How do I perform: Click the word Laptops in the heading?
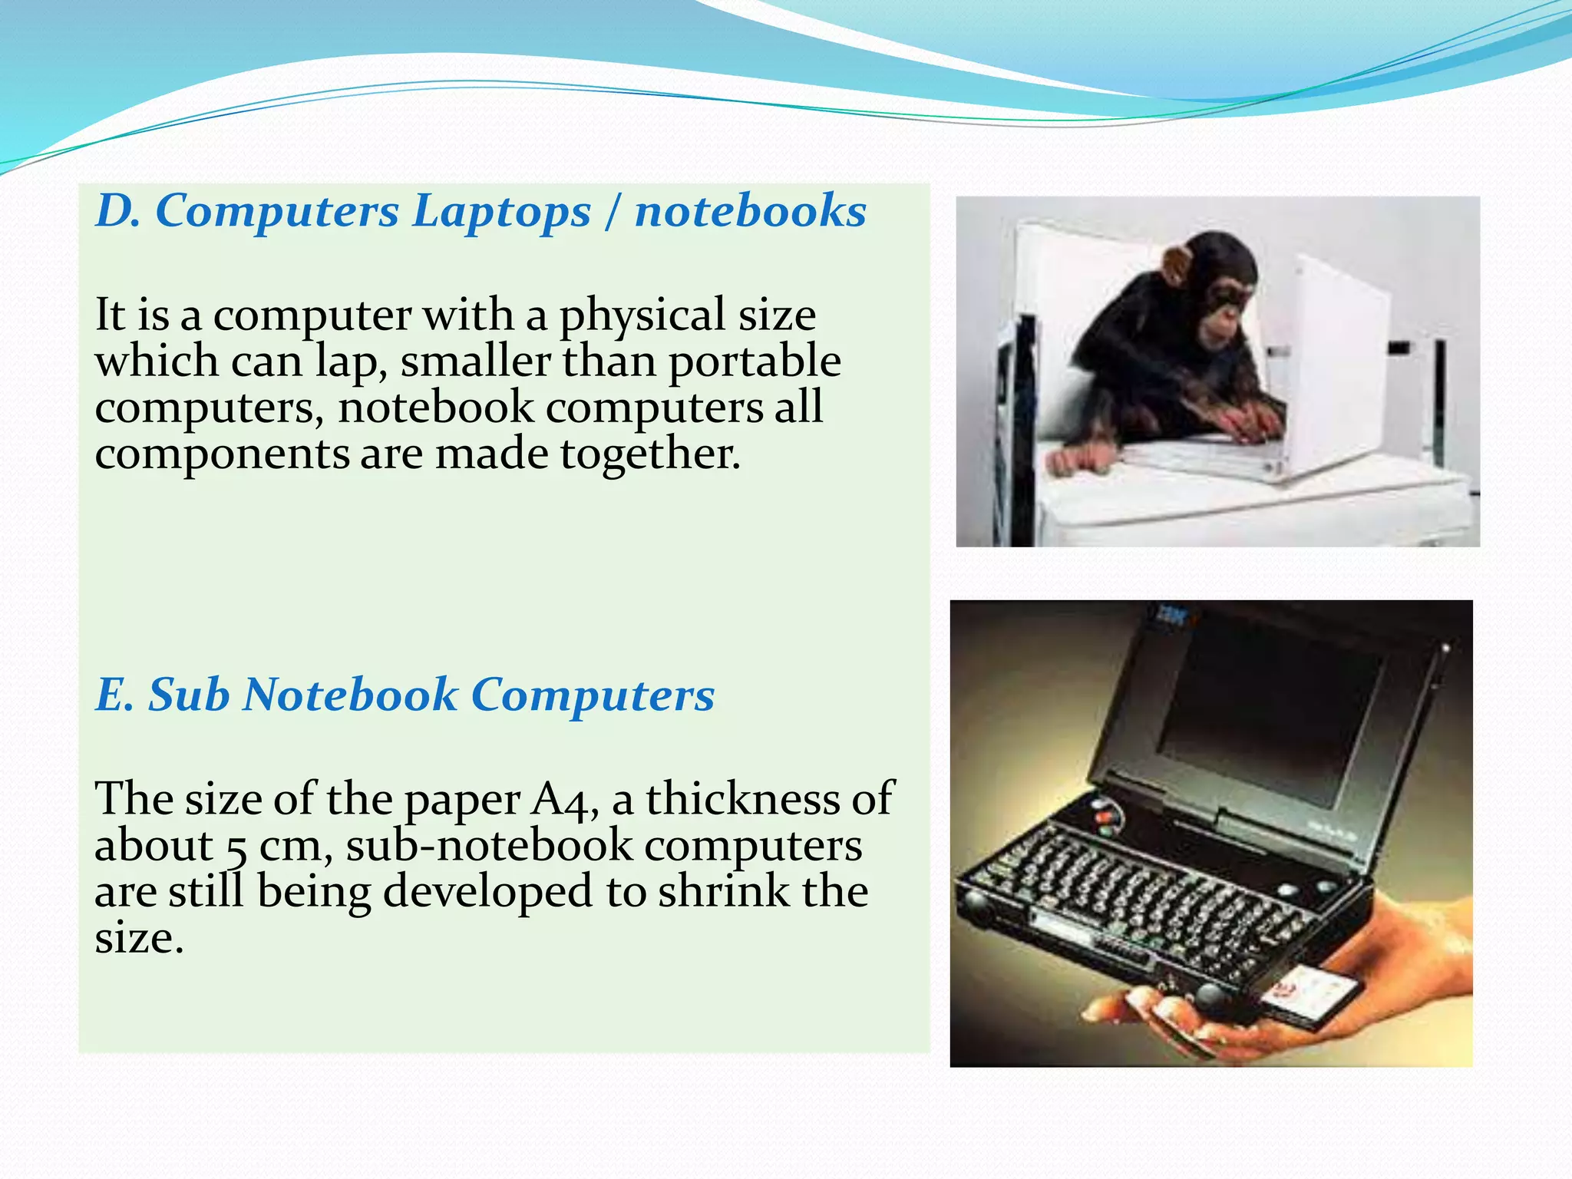501,212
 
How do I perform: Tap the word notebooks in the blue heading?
750,210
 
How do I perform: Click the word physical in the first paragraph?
642,315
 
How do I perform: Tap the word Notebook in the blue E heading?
349,695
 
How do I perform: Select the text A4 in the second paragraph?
564,799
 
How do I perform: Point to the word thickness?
742,799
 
